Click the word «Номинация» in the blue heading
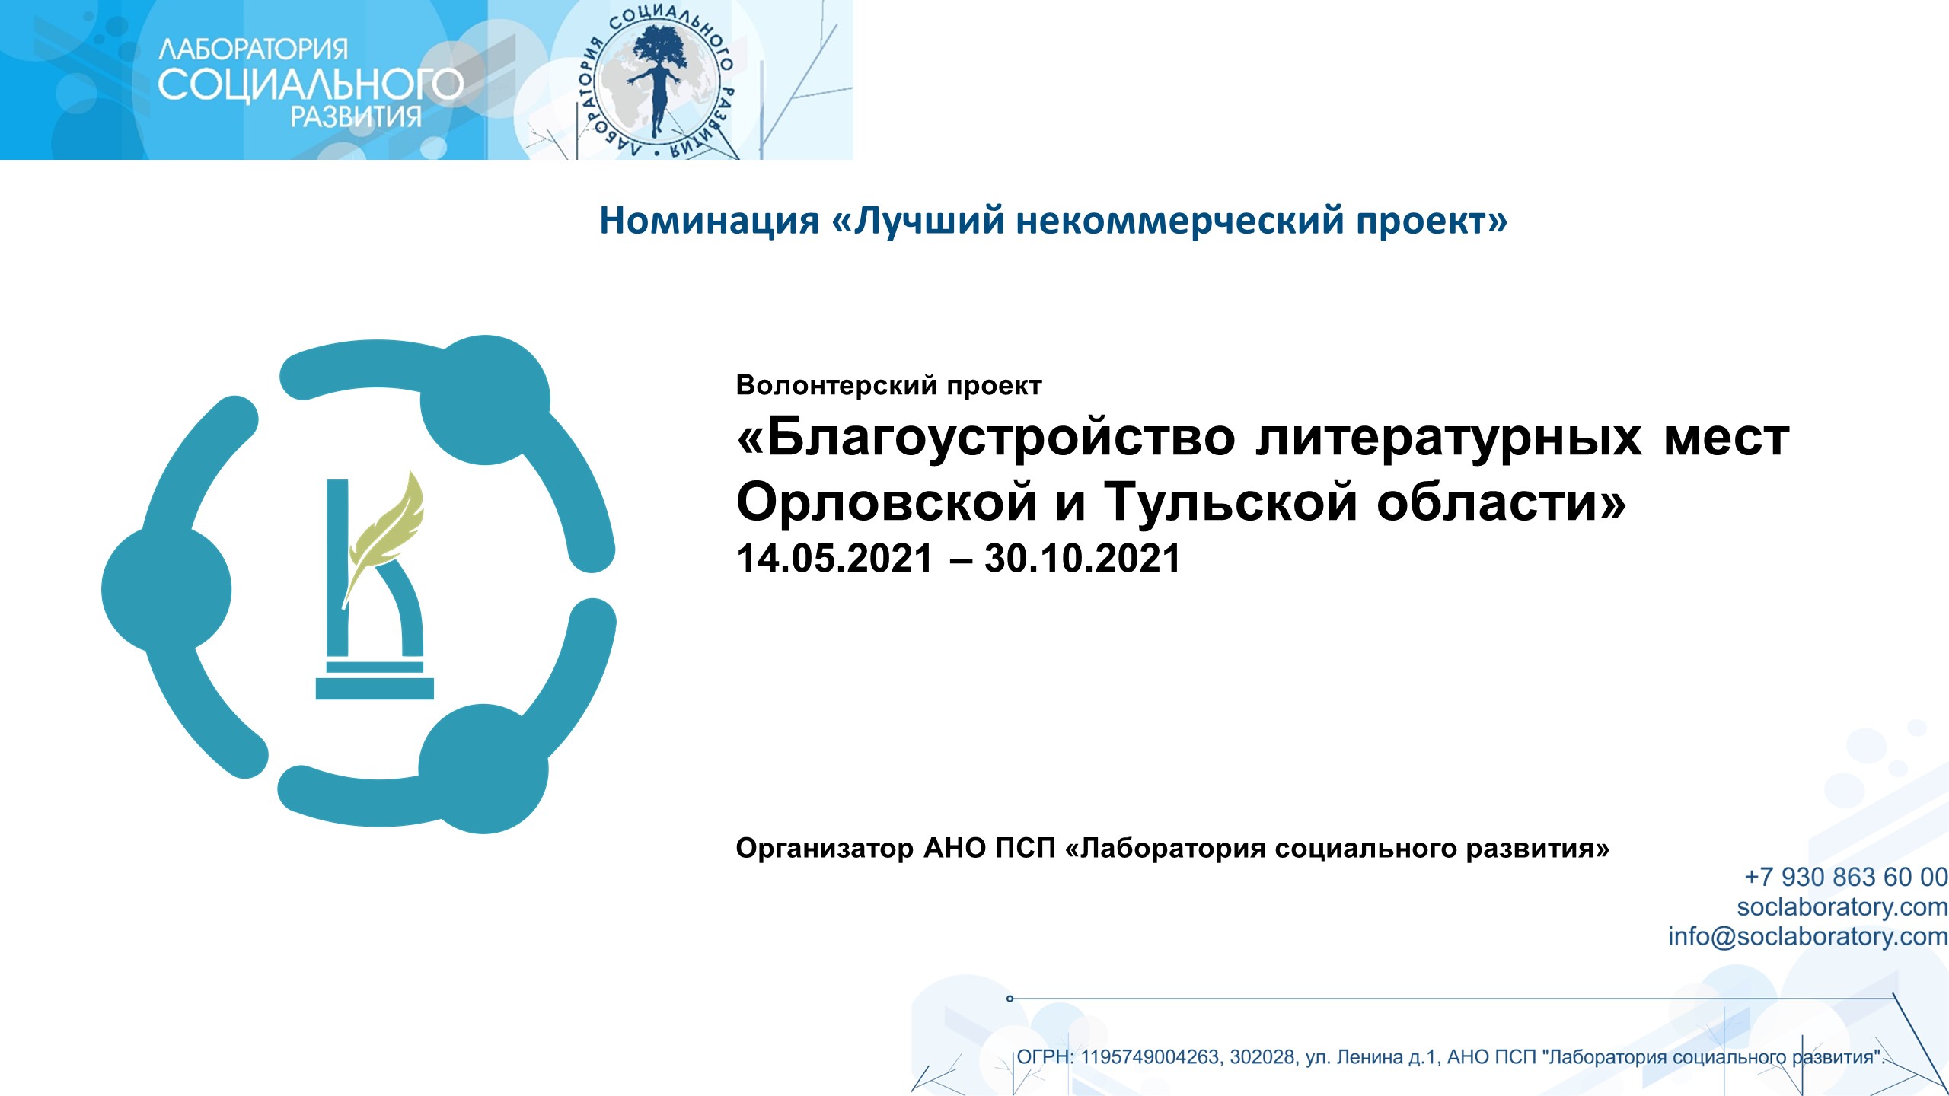coord(709,221)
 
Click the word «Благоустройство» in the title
coord(987,438)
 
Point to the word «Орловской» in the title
coord(887,502)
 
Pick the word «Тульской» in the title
coord(1231,502)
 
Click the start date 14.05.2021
coord(834,558)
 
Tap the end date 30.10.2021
coord(1082,558)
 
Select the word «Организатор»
coord(825,848)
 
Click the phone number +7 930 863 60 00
coord(1846,877)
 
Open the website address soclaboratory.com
coord(1842,906)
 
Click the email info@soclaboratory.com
coord(1808,936)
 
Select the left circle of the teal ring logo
coord(166,589)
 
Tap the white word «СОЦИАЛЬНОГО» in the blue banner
coord(311,84)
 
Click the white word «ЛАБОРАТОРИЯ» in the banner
coord(253,50)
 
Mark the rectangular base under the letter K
coord(375,688)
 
